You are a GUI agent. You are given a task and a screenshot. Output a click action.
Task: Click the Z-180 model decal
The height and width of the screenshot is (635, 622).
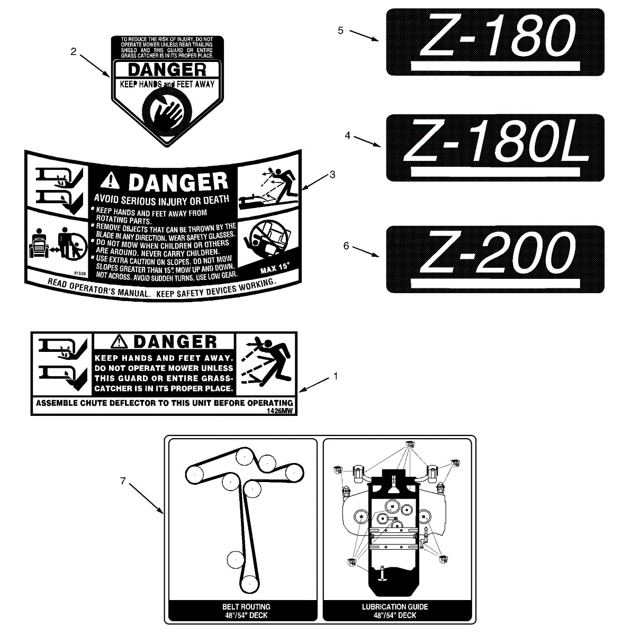495,42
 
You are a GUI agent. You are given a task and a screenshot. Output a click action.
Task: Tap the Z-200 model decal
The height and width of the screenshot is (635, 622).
495,259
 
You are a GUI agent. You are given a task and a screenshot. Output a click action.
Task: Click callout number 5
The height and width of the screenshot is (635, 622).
340,31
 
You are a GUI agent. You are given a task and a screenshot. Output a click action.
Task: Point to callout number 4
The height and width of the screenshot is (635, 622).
348,135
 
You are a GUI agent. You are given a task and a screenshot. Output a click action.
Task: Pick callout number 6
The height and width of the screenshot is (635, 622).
346,246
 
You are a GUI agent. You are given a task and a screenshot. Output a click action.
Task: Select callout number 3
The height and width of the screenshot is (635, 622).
332,175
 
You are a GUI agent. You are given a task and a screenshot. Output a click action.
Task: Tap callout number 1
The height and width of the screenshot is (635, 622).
335,376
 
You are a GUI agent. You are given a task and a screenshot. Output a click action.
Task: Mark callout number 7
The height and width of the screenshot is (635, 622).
123,481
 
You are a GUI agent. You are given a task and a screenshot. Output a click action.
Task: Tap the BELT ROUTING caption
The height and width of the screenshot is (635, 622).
243,611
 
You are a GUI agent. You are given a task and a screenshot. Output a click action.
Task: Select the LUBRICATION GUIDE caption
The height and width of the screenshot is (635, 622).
395,611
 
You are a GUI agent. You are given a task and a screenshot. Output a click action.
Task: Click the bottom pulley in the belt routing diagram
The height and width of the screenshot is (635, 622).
249,584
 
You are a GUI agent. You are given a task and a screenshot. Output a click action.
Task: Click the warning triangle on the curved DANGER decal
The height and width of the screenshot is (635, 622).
110,181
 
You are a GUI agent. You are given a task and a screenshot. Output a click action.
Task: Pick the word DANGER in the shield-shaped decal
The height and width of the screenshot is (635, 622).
167,70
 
